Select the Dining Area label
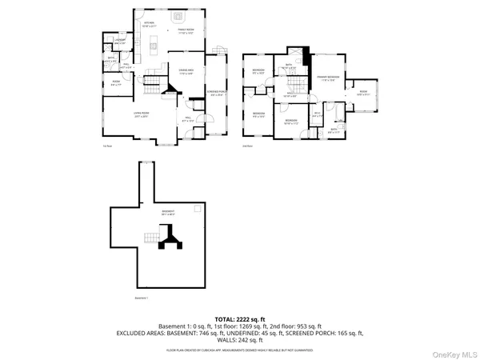click(186, 72)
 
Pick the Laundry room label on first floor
click(119, 42)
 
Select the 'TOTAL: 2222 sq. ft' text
click(239, 318)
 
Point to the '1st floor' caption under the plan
click(106, 147)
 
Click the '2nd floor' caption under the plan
click(247, 147)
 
